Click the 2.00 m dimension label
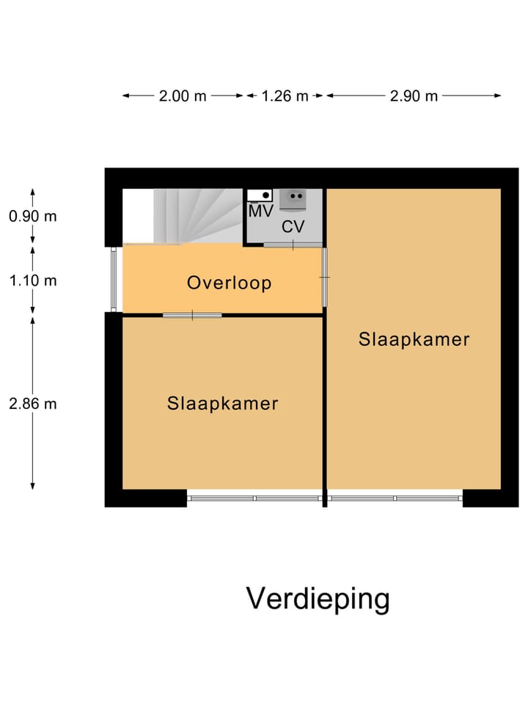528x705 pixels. (x=183, y=96)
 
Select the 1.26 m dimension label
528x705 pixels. (x=285, y=96)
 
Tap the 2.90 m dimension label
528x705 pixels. (x=414, y=96)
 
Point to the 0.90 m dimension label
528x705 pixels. (x=32, y=217)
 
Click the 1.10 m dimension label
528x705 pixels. (x=32, y=281)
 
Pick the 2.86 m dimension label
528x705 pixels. (x=32, y=403)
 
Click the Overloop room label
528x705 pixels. (x=229, y=283)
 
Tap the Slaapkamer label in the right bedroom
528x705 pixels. (x=414, y=339)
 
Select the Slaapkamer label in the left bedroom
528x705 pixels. (x=222, y=403)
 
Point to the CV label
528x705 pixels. (x=293, y=227)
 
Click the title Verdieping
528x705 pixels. (x=318, y=599)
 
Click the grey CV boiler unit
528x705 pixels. (x=293, y=198)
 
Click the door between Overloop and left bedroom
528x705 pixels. (x=192, y=315)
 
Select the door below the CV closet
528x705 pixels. (x=293, y=245)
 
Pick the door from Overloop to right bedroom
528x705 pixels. (x=325, y=277)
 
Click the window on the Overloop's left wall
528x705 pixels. (x=114, y=280)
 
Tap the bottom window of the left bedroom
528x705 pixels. (x=254, y=499)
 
